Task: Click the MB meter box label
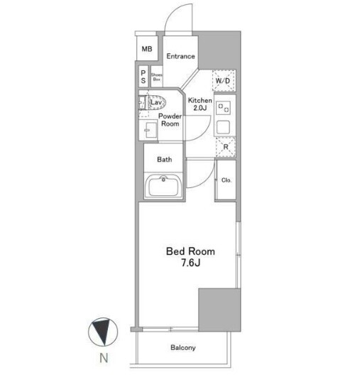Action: [147, 49]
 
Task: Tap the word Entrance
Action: [180, 56]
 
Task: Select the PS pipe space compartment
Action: [143, 77]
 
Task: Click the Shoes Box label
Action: [156, 77]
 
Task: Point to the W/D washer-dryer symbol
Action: [224, 80]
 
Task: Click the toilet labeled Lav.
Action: [153, 103]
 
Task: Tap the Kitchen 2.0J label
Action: [200, 104]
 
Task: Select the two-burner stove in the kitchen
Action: [224, 107]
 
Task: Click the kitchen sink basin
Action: [224, 127]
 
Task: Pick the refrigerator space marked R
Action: [226, 147]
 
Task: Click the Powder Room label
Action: [170, 120]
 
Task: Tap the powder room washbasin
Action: [148, 130]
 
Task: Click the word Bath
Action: [165, 160]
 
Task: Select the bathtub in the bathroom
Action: [163, 186]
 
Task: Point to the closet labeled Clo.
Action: [226, 180]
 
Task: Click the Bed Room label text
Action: [190, 251]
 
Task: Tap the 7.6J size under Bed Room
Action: [191, 263]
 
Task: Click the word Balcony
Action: [183, 347]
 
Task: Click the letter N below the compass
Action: [104, 358]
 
